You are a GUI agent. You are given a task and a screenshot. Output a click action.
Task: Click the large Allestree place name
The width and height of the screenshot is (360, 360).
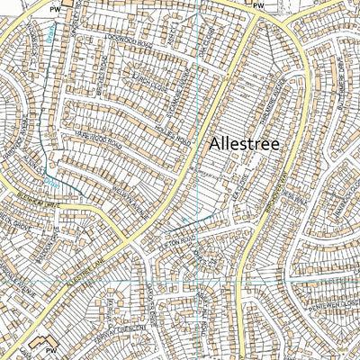pos(245,144)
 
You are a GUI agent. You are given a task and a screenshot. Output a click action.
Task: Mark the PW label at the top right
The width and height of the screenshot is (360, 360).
pos(259,6)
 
